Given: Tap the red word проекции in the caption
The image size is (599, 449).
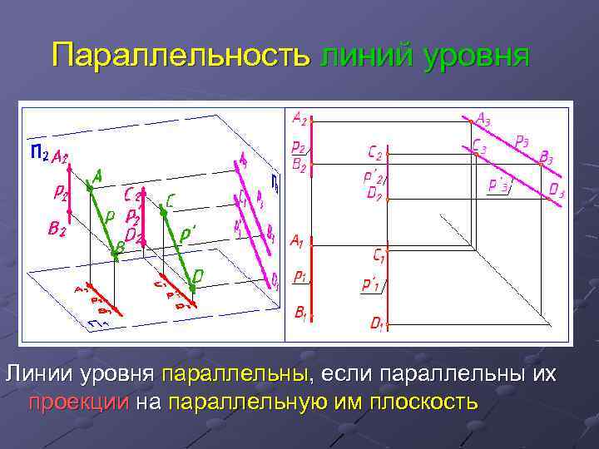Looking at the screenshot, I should pos(79,402).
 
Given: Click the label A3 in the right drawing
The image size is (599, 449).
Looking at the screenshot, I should pos(483,120).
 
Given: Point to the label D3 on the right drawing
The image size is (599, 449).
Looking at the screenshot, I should pos(557,192).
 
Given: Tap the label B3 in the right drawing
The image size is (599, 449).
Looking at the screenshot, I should pos(546,156).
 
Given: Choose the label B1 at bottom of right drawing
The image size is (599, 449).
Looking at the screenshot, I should pos(299,313).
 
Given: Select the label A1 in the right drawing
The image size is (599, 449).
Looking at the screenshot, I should pos(296,241).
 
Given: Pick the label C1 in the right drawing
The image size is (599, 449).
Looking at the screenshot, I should pos(378,254).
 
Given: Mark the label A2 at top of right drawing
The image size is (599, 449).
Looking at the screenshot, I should pos(299,119).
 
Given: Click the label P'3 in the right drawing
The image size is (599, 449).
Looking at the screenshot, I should pos(500,185).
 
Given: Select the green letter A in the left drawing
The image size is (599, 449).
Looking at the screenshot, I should pos(97,175).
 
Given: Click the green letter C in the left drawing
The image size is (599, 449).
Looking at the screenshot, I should pos(170,200).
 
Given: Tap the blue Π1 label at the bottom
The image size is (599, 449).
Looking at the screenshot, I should pos(98,323).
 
